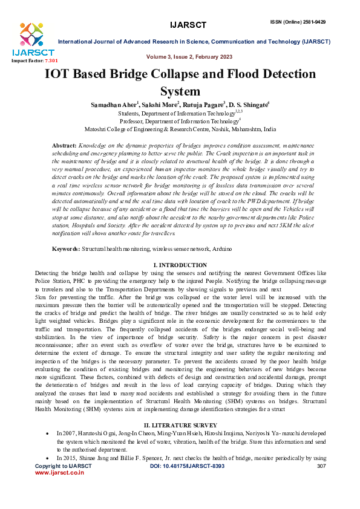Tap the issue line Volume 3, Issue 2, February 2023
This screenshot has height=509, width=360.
pyautogui.click(x=189, y=56)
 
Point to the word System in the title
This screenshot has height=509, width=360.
pyautogui.click(x=180, y=92)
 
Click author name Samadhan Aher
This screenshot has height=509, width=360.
pyautogui.click(x=113, y=105)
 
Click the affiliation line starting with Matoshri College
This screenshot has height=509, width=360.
pyautogui.click(x=180, y=129)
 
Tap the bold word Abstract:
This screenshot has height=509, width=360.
pyautogui.click(x=64, y=146)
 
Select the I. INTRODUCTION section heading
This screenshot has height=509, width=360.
pyautogui.click(x=180, y=265)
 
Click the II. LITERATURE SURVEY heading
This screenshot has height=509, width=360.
pyautogui.click(x=180, y=426)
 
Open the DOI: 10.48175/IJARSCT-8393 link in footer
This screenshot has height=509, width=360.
pyautogui.click(x=186, y=467)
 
